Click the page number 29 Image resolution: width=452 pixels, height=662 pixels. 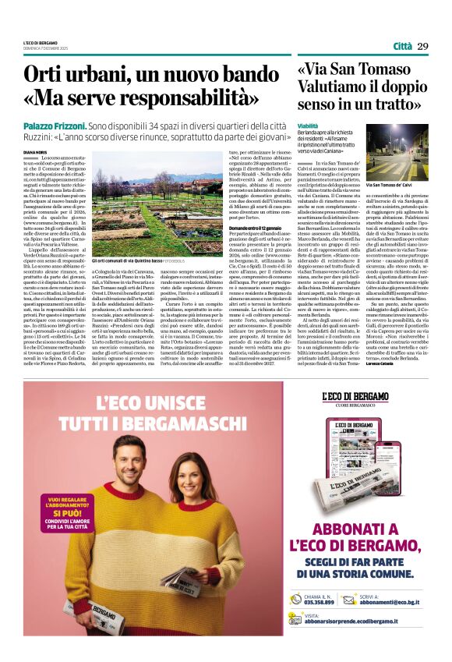coord(423,46)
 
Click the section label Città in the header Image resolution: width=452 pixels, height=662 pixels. coord(402,46)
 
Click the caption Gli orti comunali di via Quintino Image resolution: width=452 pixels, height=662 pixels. coord(129,260)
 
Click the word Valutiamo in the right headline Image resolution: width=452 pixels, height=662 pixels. coord(335,88)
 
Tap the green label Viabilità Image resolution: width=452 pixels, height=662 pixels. coord(308,125)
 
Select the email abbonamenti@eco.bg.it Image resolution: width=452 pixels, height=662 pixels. coord(402,602)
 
